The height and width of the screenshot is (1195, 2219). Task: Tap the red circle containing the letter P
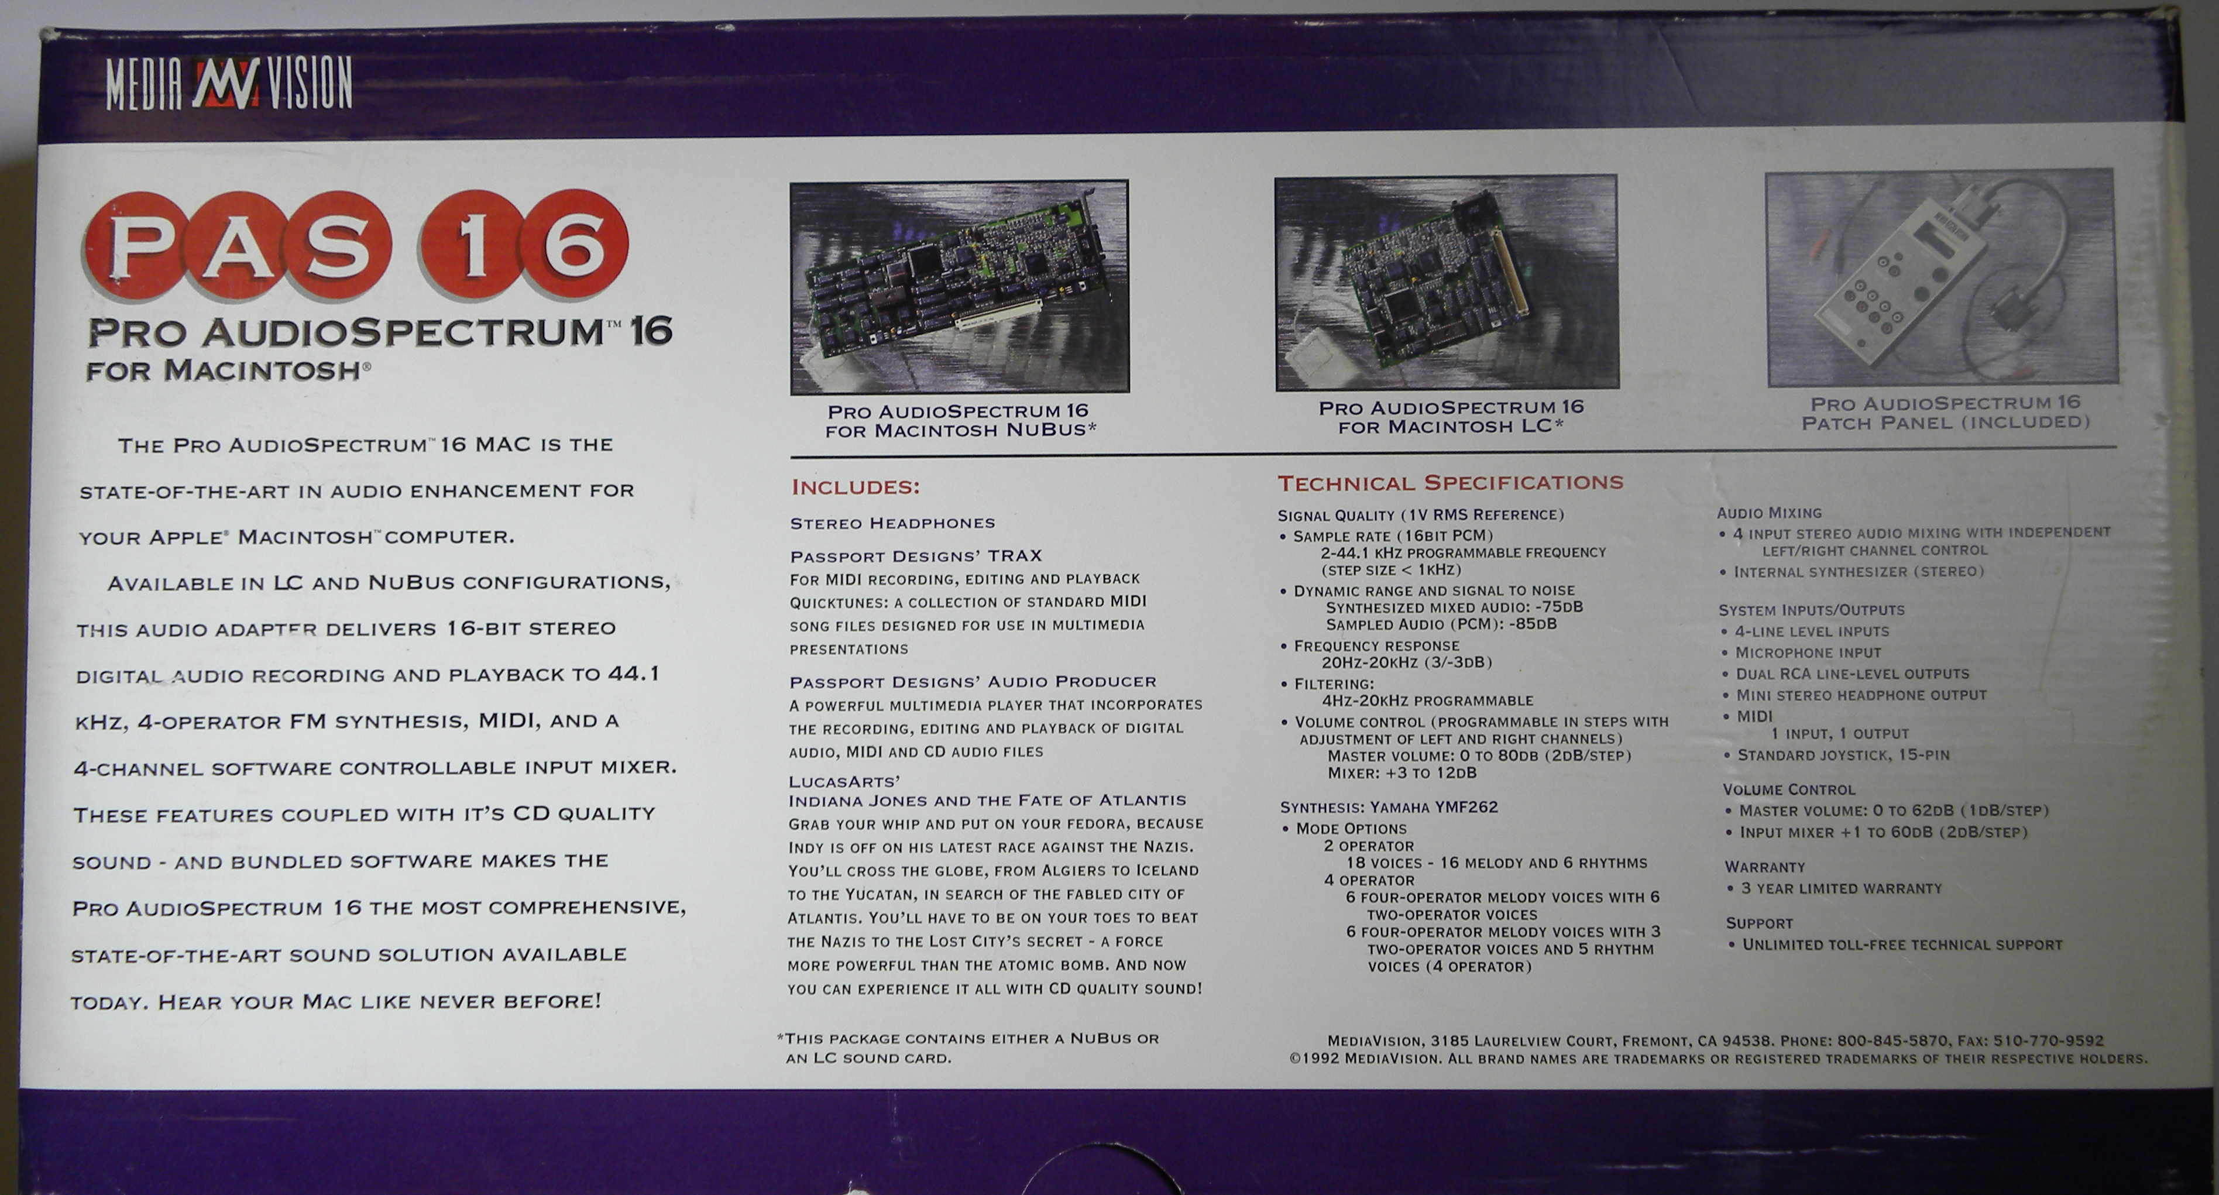pos(137,246)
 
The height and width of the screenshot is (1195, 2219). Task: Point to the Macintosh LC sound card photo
pos(1447,283)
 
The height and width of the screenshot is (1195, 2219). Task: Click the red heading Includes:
pos(856,487)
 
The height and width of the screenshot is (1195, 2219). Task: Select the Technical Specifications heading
pos(1449,482)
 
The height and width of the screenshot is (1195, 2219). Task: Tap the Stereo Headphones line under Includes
pos(892,524)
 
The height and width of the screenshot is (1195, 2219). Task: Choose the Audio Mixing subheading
pos(1770,513)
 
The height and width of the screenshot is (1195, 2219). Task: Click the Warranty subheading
pos(1765,867)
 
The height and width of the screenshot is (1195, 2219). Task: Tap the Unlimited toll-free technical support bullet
pos(1895,945)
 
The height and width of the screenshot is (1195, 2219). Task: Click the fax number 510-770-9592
pos(2049,1041)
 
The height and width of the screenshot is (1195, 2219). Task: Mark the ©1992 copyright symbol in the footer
pos(1294,1059)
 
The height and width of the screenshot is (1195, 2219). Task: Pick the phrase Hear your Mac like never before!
pos(379,1002)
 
